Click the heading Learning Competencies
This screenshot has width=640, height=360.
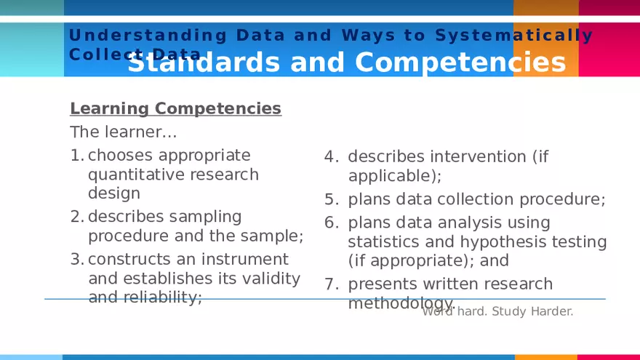pyautogui.click(x=175, y=108)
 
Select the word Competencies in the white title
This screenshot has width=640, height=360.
pyautogui.click(x=460, y=63)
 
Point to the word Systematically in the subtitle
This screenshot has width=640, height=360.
pyautogui.click(x=514, y=35)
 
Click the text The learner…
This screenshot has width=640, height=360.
pyautogui.click(x=124, y=132)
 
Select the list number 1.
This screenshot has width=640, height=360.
pyautogui.click(x=76, y=156)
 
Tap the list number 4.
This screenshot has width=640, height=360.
pyautogui.click(x=331, y=157)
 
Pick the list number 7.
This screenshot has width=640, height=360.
pyautogui.click(x=331, y=284)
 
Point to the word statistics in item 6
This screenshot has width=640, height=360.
pyautogui.click(x=383, y=241)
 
